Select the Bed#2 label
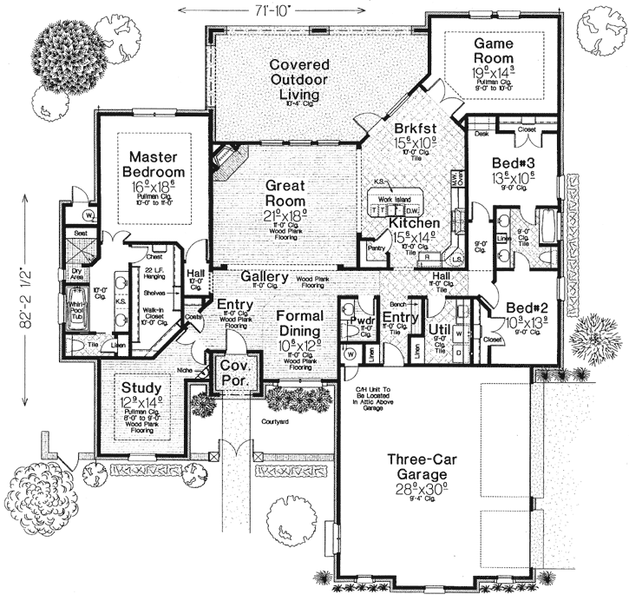pos(521,307)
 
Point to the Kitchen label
pos(413,223)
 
